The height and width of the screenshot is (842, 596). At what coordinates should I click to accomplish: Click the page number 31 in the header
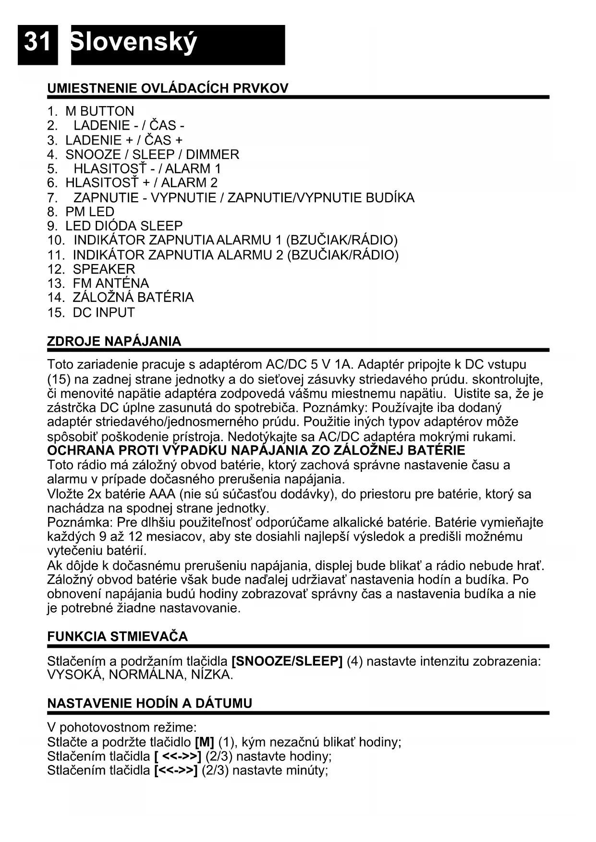point(37,42)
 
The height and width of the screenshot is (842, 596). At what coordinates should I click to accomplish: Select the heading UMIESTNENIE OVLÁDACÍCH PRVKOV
point(168,88)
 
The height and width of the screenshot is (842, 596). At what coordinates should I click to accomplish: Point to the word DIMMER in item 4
point(212,155)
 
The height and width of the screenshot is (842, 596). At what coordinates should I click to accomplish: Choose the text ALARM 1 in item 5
point(193,169)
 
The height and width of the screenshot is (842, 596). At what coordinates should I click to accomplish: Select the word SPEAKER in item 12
point(104,269)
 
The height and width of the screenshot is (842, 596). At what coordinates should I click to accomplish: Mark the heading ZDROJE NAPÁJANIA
point(114,341)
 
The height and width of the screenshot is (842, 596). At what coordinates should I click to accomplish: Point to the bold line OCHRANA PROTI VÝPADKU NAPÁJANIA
point(256,450)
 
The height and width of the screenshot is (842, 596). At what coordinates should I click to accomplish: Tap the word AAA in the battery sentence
point(162,494)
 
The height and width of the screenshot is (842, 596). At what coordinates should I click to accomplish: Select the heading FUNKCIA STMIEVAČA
point(118,637)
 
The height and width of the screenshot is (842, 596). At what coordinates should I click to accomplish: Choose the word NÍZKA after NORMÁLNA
point(211,675)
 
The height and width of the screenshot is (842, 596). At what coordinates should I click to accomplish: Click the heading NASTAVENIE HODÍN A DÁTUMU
point(149,703)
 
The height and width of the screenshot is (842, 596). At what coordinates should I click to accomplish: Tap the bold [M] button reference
point(205,742)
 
